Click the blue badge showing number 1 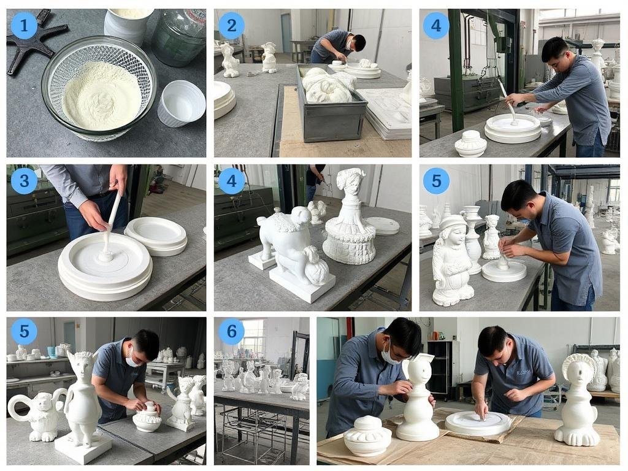point(24,26)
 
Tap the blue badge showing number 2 point(231,26)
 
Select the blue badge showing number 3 point(24,181)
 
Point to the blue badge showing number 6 point(231,331)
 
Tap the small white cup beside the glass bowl point(181,103)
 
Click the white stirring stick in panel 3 point(112,224)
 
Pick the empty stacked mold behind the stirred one point(156,235)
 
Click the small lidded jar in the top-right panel point(471,144)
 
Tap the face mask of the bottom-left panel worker point(134,359)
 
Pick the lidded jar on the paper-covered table point(367,435)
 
